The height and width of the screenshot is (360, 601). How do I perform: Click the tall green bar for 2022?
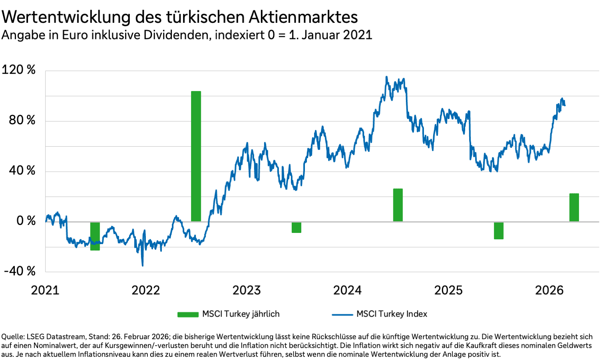pos(196,156)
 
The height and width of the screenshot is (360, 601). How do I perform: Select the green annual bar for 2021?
pos(95,236)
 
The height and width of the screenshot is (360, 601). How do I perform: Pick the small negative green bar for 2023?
pos(296,227)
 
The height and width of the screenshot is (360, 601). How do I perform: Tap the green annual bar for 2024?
pos(398,205)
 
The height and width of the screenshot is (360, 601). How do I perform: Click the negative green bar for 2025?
pos(498,231)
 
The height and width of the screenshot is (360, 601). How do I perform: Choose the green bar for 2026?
pos(574,207)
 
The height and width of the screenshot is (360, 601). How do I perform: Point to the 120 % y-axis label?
pos(19,70)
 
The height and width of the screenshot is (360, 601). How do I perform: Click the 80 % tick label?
pos(22,120)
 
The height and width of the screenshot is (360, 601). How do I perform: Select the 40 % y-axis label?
pos(22,170)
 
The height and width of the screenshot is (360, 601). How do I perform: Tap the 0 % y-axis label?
pos(26,221)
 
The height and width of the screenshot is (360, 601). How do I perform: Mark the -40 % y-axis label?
pos(20,271)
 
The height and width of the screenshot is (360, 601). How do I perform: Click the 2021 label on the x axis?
pos(45,290)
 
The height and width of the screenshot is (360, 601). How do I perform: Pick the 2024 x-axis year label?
pos(347,290)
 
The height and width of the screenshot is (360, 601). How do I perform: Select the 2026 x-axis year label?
pos(549,290)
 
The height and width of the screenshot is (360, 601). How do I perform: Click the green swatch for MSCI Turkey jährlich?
pos(188,314)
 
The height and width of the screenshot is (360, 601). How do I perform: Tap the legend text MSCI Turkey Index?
pos(392,314)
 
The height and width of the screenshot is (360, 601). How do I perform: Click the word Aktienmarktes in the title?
pos(303,17)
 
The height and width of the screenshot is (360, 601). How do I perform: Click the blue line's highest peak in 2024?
pos(387,77)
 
